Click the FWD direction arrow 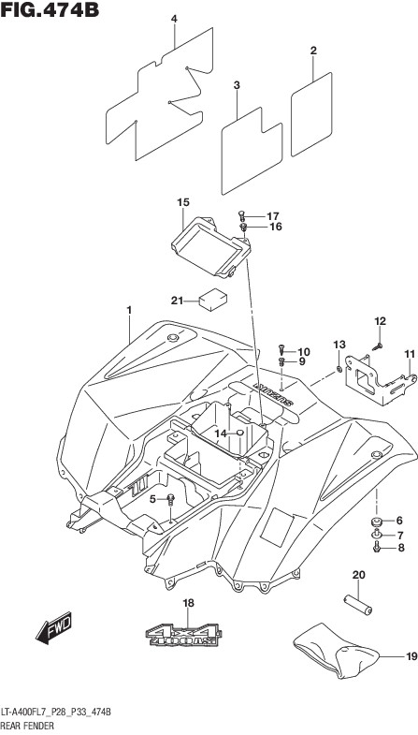(53, 627)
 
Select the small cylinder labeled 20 (358, 605)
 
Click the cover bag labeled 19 (335, 652)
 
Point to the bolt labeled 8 (377, 547)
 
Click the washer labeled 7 (377, 535)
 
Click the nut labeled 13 (339, 372)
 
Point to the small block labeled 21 (212, 300)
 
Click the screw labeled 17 (242, 216)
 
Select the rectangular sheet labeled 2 (311, 114)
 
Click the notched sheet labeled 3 (252, 151)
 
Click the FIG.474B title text (50, 9)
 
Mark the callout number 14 (220, 434)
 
